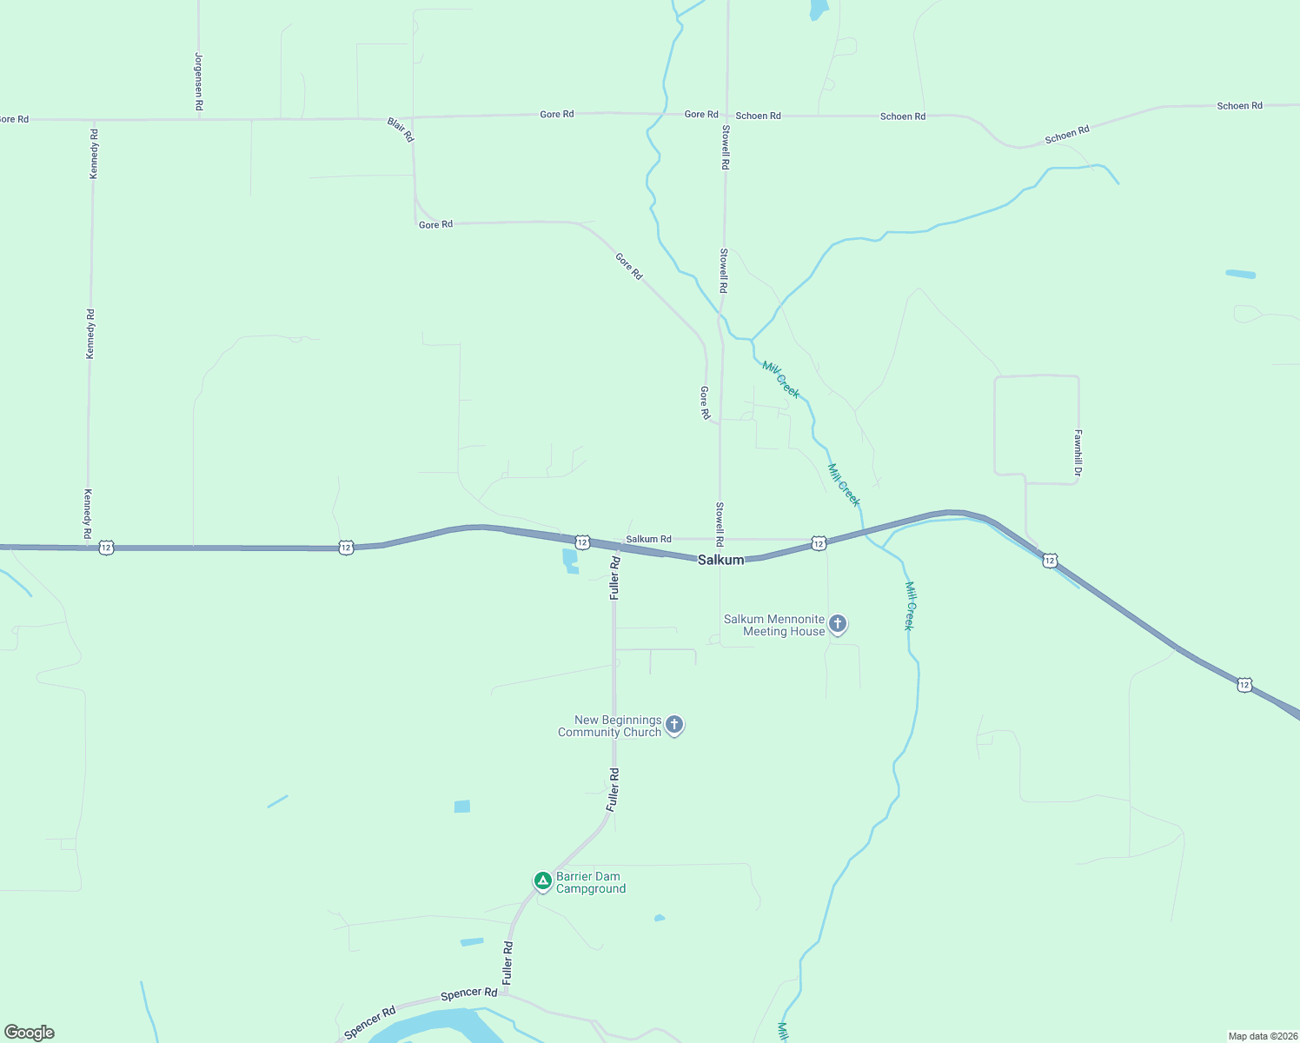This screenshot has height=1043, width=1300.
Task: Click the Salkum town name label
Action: click(721, 561)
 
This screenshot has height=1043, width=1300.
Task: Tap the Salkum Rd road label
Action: click(648, 540)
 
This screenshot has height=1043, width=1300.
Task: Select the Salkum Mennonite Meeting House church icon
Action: click(838, 624)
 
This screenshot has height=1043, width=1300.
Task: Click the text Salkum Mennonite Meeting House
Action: click(775, 626)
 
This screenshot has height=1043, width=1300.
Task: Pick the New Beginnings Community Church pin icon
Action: click(674, 725)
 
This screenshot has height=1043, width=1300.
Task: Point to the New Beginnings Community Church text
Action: click(610, 727)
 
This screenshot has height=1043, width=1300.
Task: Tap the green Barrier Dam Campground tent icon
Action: click(543, 882)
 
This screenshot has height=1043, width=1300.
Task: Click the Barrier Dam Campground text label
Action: click(591, 883)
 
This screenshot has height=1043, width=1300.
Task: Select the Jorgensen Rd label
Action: click(199, 82)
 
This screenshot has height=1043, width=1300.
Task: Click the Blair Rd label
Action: click(401, 130)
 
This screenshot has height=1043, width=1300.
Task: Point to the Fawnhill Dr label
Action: click(1078, 453)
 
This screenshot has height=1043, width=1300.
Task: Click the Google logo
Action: click(30, 1033)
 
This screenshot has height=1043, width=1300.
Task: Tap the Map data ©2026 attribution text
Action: click(1263, 1036)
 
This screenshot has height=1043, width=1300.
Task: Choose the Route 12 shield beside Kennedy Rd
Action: click(106, 548)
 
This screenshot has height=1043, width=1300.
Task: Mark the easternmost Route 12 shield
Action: click(1244, 685)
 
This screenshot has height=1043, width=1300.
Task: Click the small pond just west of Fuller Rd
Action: click(570, 561)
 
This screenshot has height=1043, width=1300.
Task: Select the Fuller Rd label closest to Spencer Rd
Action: click(508, 962)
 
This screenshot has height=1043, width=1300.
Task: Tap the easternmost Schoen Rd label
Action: click(1239, 106)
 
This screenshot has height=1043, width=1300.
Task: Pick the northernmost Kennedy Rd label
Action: click(94, 154)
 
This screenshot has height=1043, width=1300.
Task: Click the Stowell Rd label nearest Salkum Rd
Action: click(720, 524)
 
